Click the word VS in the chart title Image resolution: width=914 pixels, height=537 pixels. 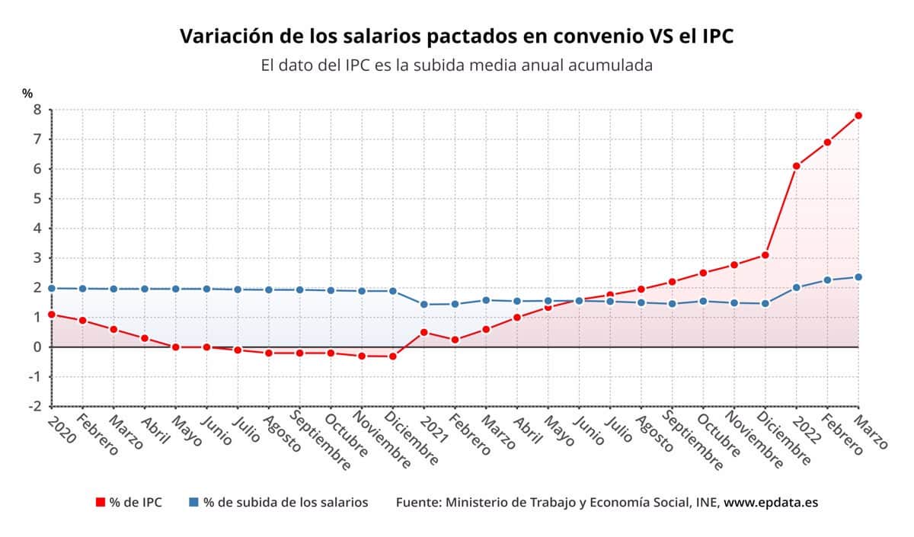[637, 36]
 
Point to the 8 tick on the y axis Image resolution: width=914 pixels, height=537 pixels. [36, 110]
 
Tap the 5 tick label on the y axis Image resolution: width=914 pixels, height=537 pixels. [36, 199]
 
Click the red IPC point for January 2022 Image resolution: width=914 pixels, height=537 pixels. [796, 166]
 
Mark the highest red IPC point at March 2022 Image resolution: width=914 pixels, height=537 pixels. [858, 116]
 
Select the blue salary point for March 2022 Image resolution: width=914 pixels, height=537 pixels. [858, 277]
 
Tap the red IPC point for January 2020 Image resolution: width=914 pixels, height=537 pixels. [51, 315]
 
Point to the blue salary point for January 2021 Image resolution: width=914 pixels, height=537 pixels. [423, 304]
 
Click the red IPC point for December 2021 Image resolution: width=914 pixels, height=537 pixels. [765, 255]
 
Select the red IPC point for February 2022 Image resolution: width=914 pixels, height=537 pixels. [827, 142]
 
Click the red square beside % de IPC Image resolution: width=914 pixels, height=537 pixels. [100, 503]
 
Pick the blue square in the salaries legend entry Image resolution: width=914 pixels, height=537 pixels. [194, 503]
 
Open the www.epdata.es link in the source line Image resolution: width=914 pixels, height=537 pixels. [771, 503]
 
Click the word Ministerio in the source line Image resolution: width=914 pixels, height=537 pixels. [478, 503]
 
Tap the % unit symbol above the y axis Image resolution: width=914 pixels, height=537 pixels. [27, 94]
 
